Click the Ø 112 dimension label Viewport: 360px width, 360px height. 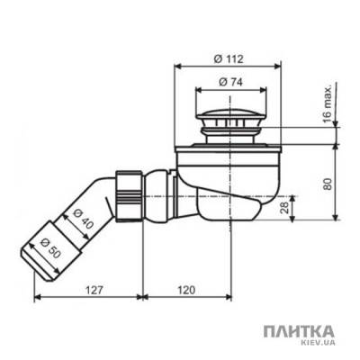(227, 58)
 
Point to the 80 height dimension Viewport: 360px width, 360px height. (328, 181)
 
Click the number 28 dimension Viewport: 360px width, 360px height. (284, 209)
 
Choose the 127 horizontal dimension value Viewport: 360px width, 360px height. (88, 291)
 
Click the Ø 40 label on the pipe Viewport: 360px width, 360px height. (82, 219)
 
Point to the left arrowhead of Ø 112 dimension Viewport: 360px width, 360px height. (175, 67)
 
